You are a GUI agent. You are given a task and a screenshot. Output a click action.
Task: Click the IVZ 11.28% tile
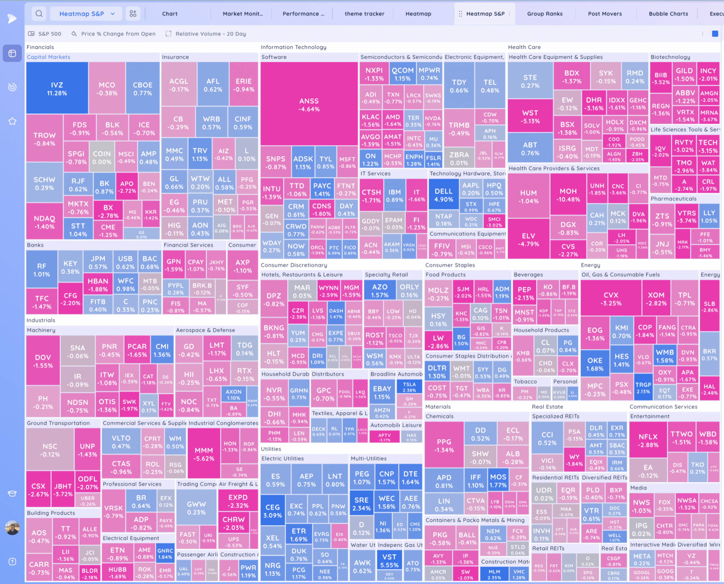(x=57, y=88)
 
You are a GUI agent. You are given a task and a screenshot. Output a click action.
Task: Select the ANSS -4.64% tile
(x=309, y=104)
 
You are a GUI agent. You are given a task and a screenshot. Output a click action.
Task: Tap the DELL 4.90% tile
(x=443, y=195)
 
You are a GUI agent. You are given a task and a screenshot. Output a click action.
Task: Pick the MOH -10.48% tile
(x=568, y=195)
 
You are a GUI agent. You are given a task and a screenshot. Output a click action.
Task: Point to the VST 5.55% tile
(x=389, y=561)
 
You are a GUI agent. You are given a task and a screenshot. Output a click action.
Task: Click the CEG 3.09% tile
(x=272, y=511)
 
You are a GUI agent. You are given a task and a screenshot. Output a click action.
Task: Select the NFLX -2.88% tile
(x=648, y=440)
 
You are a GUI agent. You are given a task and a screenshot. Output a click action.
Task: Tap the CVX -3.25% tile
(x=611, y=299)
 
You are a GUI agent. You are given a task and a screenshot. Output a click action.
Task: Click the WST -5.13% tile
(x=530, y=116)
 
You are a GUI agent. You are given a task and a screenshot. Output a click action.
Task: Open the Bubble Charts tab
(x=668, y=14)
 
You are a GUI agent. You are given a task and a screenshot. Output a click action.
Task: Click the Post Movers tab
(x=604, y=14)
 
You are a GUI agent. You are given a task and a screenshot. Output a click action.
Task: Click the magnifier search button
(x=39, y=14)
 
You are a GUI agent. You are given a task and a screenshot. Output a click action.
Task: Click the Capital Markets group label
(x=48, y=57)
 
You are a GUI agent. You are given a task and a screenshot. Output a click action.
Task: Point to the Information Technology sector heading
(x=293, y=47)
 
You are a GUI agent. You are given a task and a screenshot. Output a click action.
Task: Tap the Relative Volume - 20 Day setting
(x=210, y=34)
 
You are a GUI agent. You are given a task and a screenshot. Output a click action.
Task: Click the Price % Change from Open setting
(x=118, y=34)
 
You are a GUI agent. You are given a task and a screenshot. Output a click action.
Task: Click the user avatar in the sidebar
(x=12, y=527)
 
